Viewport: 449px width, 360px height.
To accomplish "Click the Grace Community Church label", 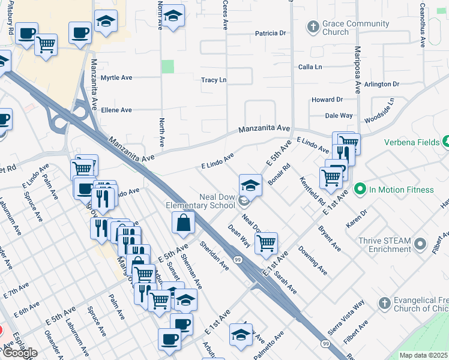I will (356, 28).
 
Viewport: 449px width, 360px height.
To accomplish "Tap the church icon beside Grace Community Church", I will (313, 27).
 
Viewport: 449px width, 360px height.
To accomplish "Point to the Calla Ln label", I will (311, 67).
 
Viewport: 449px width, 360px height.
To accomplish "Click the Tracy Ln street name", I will (214, 80).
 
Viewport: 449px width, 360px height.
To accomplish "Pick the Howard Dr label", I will (327, 100).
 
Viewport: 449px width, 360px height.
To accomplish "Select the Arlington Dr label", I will (381, 85).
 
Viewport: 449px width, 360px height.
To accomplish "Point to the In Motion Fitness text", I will (401, 190).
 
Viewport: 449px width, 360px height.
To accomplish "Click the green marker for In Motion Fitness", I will (360, 190).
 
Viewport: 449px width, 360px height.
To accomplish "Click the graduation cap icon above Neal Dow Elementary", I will (250, 185).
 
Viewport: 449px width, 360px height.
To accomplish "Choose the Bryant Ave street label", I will (330, 239).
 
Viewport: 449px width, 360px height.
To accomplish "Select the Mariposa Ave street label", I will (357, 70).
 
